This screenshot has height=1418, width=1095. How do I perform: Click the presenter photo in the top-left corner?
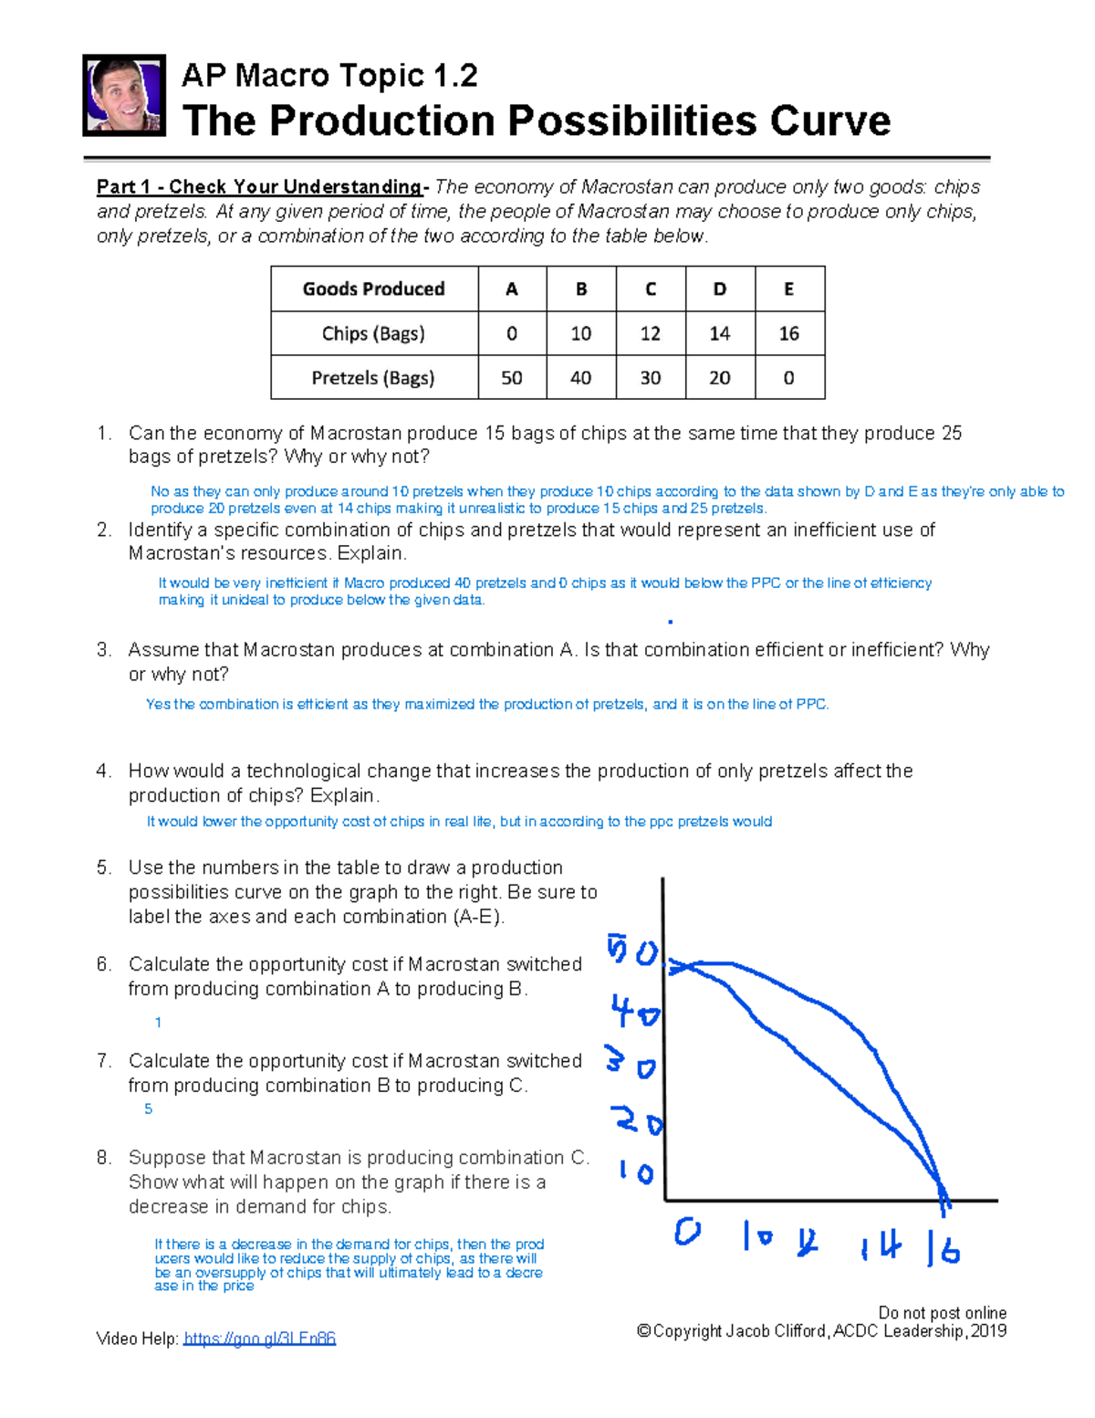[x=124, y=95]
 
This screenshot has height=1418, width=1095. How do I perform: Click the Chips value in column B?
[x=581, y=333]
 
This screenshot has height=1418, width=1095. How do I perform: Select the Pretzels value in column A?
[x=512, y=378]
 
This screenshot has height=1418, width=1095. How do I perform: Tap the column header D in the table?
[x=720, y=289]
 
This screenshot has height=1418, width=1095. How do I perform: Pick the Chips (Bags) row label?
[x=373, y=333]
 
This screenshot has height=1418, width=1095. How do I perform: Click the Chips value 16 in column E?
[x=789, y=333]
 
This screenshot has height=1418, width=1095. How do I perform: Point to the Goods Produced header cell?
[x=373, y=289]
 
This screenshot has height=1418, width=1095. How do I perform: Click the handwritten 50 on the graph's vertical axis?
[x=632, y=951]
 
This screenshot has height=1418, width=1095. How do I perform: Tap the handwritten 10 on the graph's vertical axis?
[x=635, y=1171]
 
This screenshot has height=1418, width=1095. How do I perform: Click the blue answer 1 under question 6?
[x=158, y=1023]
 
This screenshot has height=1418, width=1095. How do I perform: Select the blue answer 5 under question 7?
[x=148, y=1109]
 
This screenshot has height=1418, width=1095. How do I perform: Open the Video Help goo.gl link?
[x=259, y=1339]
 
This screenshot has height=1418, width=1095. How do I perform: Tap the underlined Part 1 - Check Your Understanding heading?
[x=260, y=187]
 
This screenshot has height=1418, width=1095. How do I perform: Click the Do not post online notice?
[x=942, y=1312]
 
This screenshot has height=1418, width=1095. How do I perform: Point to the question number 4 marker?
[x=103, y=772]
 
